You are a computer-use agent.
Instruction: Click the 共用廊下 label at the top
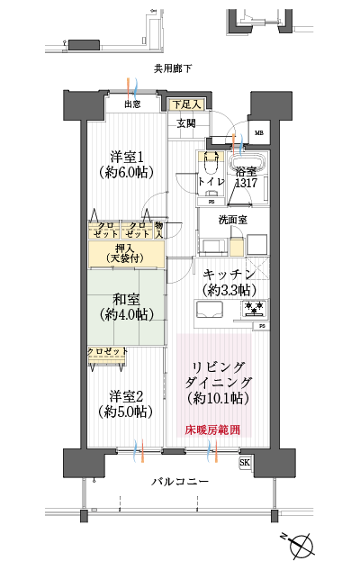tap(172, 68)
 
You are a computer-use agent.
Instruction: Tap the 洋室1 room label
tap(126, 164)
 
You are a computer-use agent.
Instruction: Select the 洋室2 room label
tap(126, 403)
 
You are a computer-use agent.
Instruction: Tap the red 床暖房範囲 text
tap(213, 430)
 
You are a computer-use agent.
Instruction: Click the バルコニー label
tap(180, 483)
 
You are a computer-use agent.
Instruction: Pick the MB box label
tap(259, 134)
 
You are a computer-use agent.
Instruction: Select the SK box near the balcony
tap(245, 463)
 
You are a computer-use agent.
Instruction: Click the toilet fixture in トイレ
tap(211, 162)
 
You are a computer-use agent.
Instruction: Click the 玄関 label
tap(186, 122)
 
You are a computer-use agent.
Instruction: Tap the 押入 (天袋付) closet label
tap(126, 254)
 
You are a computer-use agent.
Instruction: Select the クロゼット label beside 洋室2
tap(106, 351)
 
